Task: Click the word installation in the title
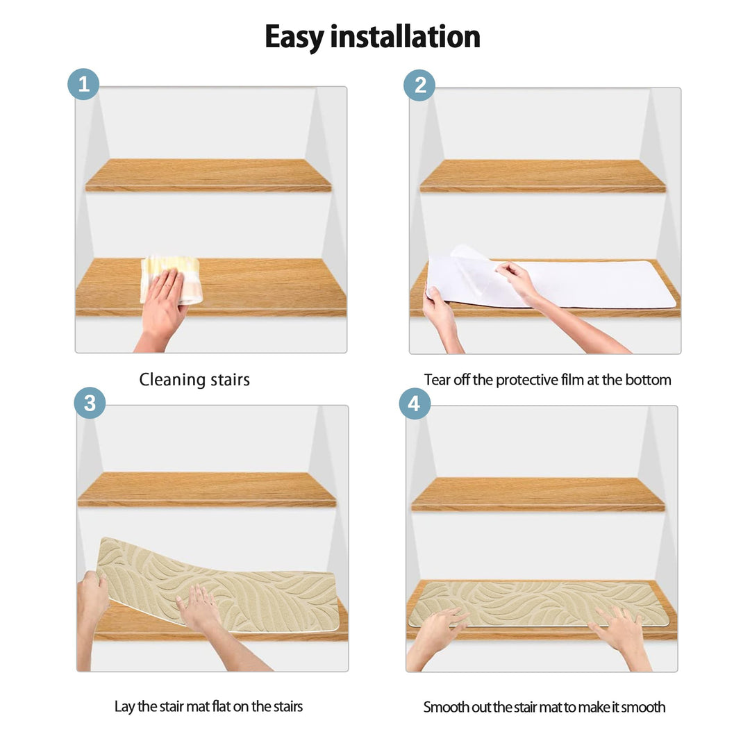(x=405, y=37)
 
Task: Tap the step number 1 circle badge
(x=83, y=85)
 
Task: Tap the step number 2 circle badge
(x=419, y=85)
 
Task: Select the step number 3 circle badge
(x=90, y=403)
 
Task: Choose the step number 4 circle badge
(x=415, y=403)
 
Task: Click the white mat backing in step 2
(x=597, y=285)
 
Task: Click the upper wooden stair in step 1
(x=208, y=175)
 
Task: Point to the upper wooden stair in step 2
(x=542, y=176)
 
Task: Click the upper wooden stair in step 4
(x=537, y=494)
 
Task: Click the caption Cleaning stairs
(x=194, y=380)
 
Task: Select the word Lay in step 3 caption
(x=125, y=706)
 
